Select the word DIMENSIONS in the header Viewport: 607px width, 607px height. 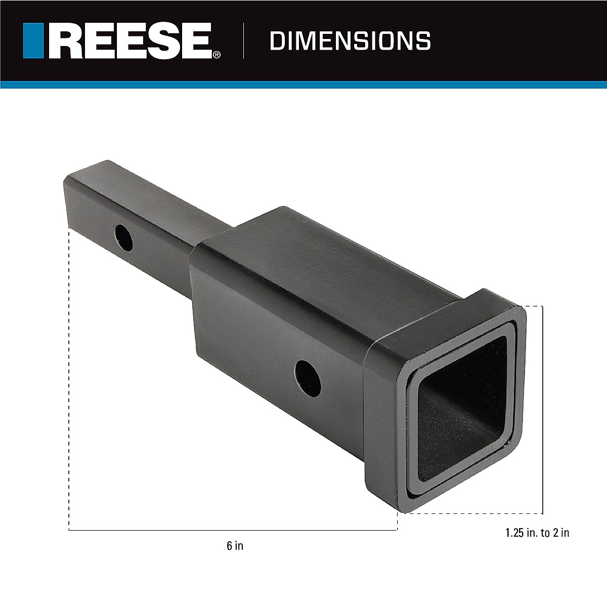point(350,40)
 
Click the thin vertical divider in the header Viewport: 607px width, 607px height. point(244,40)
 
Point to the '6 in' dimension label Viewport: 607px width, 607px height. point(235,546)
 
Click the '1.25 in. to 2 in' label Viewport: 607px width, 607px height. point(537,533)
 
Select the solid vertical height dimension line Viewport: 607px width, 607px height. point(543,410)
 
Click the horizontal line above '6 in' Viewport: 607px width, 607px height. point(233,530)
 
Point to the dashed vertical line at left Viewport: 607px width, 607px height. point(69,379)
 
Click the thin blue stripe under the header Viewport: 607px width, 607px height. point(303,84)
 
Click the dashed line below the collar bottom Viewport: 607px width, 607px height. point(470,513)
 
